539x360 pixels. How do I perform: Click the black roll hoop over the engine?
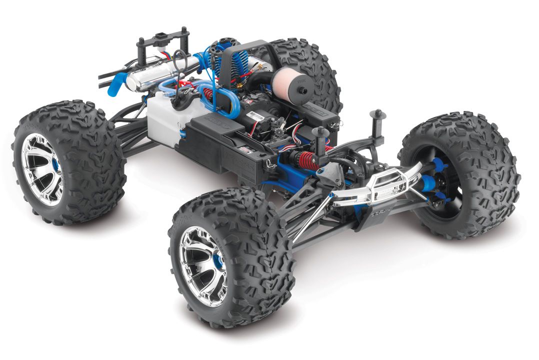(x=245, y=65)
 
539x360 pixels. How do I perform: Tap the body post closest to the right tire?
(x=378, y=120)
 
